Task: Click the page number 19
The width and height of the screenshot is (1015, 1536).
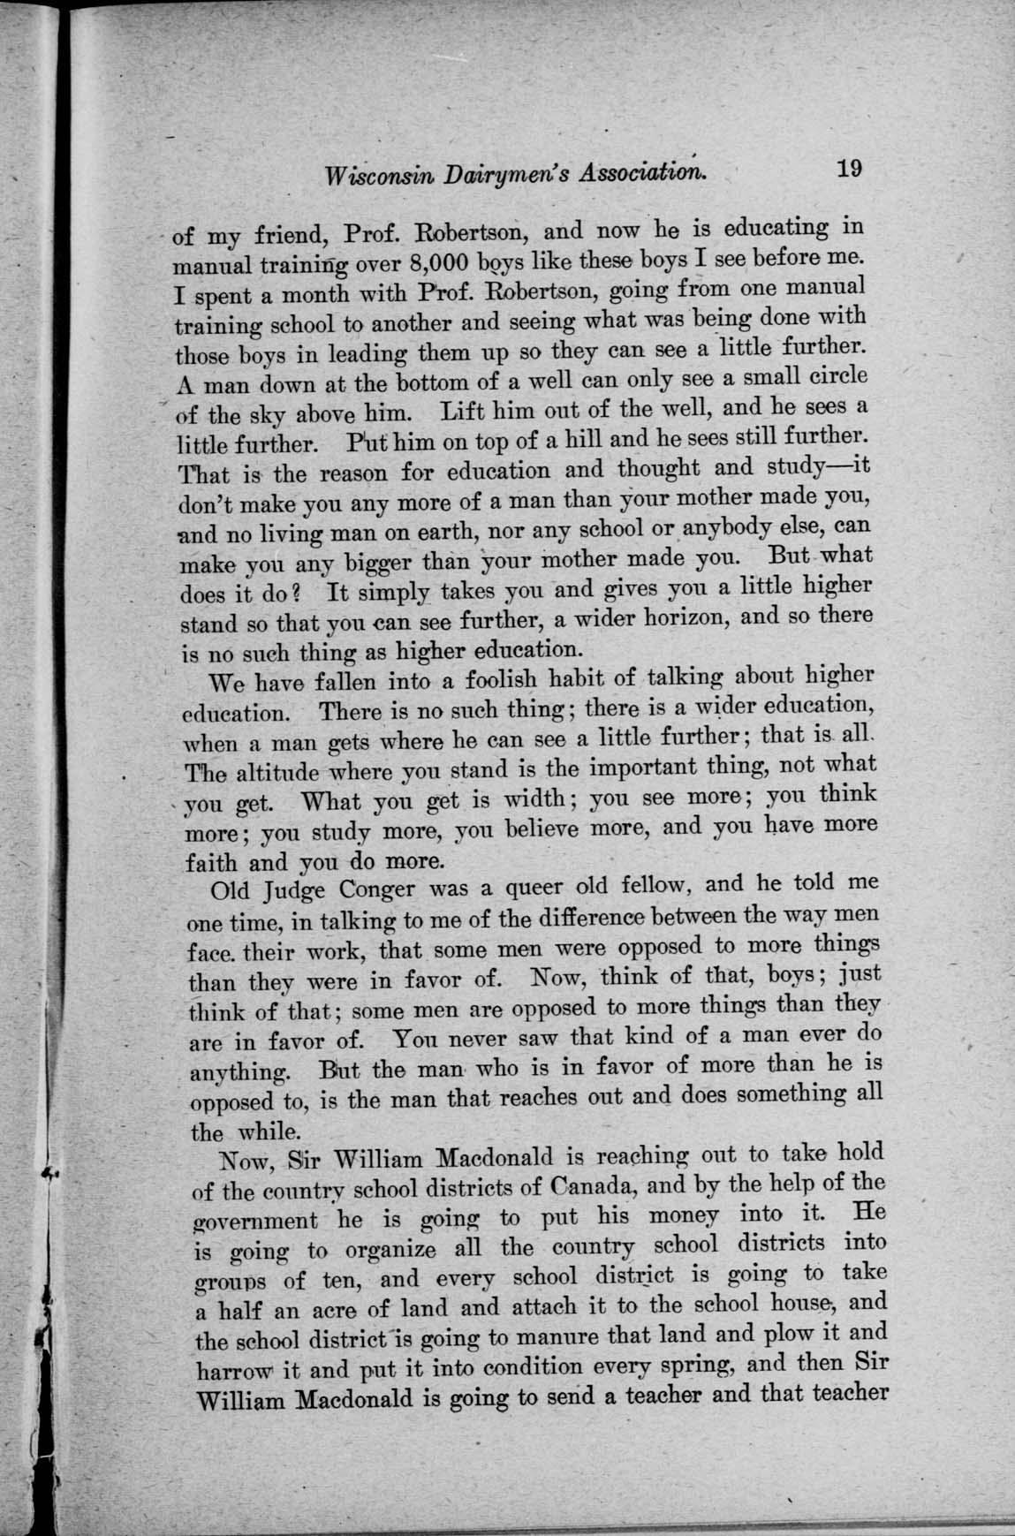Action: pyautogui.click(x=849, y=169)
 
